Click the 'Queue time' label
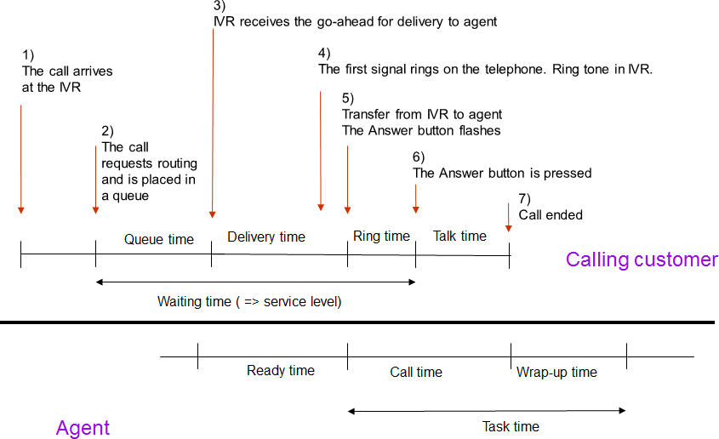click(159, 239)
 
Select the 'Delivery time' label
click(265, 237)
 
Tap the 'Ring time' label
click(381, 236)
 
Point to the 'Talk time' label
click(459, 236)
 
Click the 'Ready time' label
click(280, 370)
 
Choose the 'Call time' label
click(416, 372)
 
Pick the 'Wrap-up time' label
click(556, 372)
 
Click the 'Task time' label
click(511, 426)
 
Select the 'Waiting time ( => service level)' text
click(249, 301)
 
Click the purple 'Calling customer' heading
click(642, 259)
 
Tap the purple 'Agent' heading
click(83, 427)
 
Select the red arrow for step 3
click(212, 128)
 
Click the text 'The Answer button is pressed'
click(502, 173)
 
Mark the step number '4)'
click(325, 54)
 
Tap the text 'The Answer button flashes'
click(421, 130)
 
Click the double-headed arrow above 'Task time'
click(487, 411)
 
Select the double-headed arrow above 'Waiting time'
click(255, 282)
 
